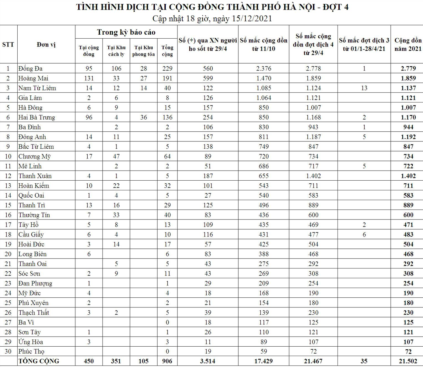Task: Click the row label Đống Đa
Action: point(30,68)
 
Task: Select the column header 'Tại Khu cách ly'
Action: point(116,51)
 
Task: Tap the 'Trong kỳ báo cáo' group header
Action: point(126,32)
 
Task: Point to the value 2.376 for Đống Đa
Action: point(264,68)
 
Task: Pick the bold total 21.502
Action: point(408,361)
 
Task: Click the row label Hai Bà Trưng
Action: point(37,117)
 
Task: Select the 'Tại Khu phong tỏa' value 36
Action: point(144,117)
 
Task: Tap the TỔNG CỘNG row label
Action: point(39,361)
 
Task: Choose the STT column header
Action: point(8,44)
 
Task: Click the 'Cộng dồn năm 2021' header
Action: point(408,44)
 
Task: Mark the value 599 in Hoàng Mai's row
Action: point(208,78)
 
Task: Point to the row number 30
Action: point(8,351)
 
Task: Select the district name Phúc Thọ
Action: point(31,351)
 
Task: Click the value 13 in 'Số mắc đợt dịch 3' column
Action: point(364,88)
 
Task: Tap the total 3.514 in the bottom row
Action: point(208,361)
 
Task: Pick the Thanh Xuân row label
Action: point(35,176)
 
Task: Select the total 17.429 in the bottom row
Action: point(264,361)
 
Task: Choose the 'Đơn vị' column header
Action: point(46,44)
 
